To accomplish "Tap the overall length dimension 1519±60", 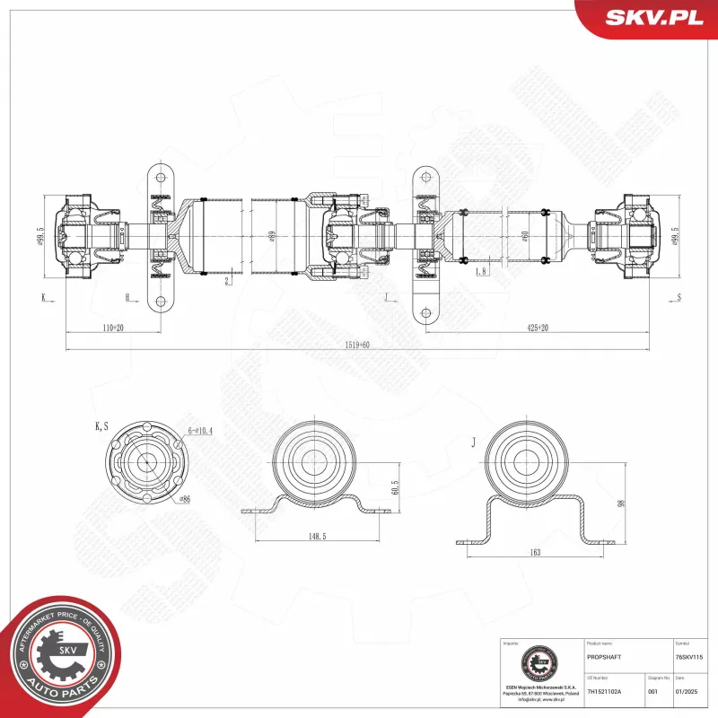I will coord(357,345).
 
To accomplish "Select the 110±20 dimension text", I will coord(112,328).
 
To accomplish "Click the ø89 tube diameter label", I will coord(272,237).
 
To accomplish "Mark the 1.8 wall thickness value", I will coord(482,270).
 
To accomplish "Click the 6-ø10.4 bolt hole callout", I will coord(202,432).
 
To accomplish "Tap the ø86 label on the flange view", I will coord(187,499).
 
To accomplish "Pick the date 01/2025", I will coord(686,691).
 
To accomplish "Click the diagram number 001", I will coord(652,691).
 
